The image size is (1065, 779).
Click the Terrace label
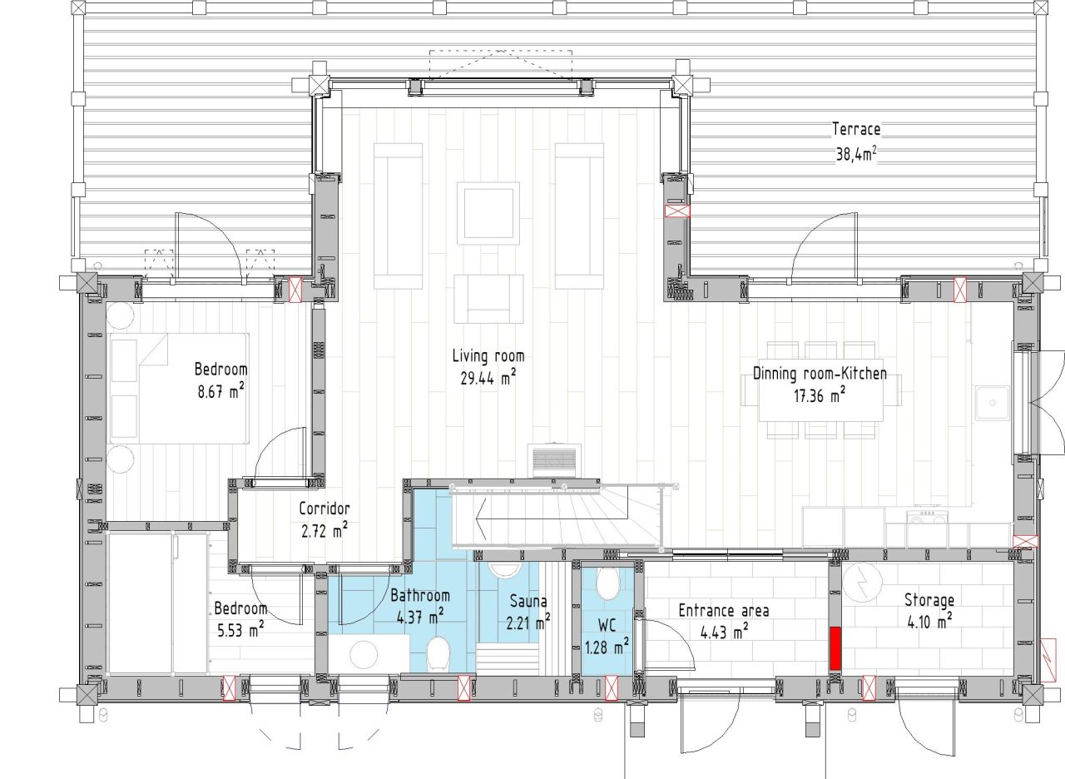click(856, 129)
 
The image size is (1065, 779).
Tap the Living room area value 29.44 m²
click(488, 378)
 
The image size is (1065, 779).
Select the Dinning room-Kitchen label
click(820, 374)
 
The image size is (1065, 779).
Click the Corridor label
click(324, 509)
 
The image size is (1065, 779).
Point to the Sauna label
click(528, 601)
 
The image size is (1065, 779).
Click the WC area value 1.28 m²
click(607, 647)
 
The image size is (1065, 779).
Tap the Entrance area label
click(724, 611)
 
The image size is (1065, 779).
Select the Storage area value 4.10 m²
click(929, 622)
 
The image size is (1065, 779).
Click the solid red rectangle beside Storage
click(835, 648)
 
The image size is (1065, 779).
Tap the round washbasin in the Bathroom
click(364, 654)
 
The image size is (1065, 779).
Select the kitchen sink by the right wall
click(993, 404)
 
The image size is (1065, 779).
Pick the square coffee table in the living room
click(488, 213)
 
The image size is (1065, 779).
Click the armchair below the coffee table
click(488, 299)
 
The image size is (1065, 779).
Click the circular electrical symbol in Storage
click(862, 582)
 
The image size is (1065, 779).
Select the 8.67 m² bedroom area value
click(221, 391)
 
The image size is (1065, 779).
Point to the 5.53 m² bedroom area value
click(240, 630)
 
